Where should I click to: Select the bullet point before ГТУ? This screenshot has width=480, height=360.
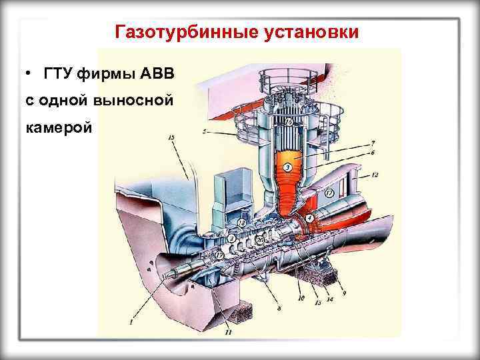(x=30, y=73)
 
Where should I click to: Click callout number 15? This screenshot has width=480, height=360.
(x=171, y=137)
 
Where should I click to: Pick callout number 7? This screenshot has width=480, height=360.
(x=373, y=143)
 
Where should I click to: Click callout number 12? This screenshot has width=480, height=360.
(x=376, y=175)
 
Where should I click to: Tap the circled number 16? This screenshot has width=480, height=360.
(x=289, y=122)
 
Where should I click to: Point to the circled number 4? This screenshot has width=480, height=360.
(x=309, y=218)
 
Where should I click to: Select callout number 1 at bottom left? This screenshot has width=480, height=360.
(x=131, y=323)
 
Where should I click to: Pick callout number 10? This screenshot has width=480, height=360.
(x=301, y=298)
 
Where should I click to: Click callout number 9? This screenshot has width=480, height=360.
(x=345, y=293)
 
